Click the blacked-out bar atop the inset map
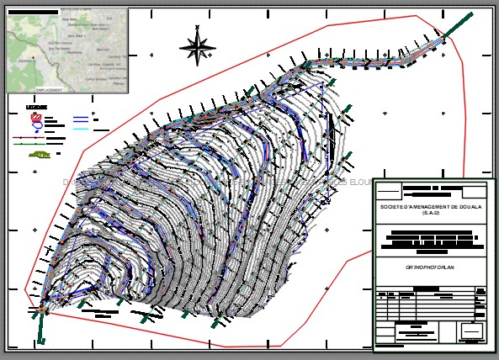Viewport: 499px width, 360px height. [x=35, y=13]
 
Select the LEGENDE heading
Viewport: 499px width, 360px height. [x=36, y=108]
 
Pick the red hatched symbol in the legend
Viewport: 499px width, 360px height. [x=36, y=118]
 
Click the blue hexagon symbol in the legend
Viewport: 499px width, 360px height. [x=38, y=127]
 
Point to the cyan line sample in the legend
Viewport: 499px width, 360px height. [x=80, y=129]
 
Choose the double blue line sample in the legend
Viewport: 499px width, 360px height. [x=81, y=119]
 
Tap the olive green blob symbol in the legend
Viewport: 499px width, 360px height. [x=39, y=155]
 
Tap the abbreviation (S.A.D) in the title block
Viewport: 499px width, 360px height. [x=431, y=214]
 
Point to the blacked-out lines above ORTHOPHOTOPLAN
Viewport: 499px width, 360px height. [x=431, y=239]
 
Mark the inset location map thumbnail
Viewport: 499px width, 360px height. [x=67, y=49]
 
